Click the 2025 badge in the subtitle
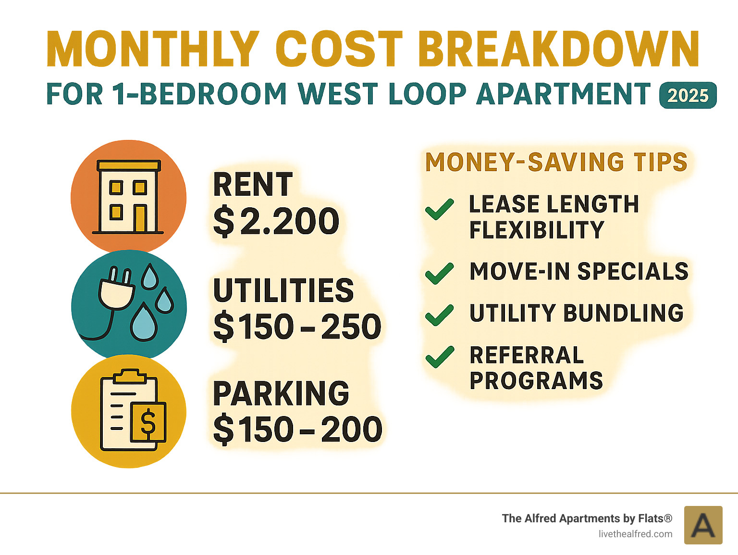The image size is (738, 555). point(688,95)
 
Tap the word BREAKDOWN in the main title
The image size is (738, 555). point(559,50)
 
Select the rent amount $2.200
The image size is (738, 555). point(276,221)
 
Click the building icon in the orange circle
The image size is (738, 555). point(128,197)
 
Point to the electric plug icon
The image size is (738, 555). point(116,291)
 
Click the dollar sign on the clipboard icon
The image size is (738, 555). point(148,422)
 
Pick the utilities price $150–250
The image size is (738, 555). point(297,327)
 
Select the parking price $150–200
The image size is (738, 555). point(297,429)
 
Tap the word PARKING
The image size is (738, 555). point(281,393)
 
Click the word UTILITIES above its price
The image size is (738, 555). point(283,290)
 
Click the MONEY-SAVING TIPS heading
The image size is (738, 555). point(556,162)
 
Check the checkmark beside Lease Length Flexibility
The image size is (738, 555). point(439,209)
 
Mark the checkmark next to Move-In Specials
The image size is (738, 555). point(439,273)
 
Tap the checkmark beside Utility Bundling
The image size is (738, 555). point(439,315)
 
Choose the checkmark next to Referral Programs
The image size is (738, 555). point(439,357)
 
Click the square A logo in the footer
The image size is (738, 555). point(703,525)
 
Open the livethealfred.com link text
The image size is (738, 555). point(635,534)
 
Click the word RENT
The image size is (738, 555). point(253,185)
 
